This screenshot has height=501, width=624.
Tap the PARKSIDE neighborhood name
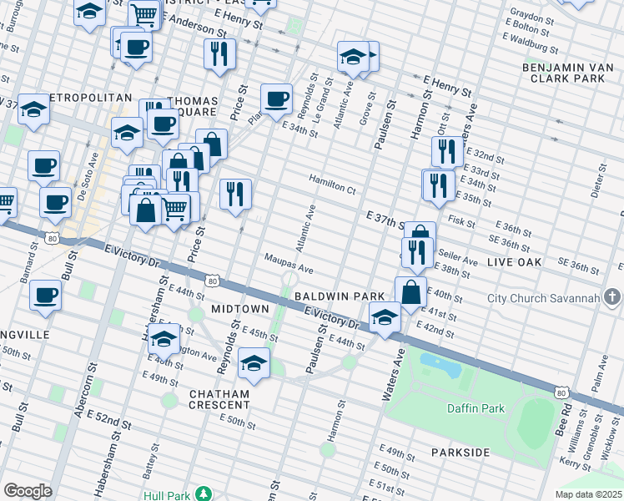tap(460, 452)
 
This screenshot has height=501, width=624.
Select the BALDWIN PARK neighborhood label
tap(339, 296)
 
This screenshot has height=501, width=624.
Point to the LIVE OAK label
tap(515, 262)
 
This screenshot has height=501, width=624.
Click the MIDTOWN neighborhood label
tap(239, 309)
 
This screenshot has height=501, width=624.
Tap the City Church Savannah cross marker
tap(613, 297)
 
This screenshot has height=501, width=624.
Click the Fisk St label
tap(460, 220)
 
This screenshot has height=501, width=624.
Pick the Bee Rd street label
tap(566, 415)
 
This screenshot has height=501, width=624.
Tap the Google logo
tap(28, 491)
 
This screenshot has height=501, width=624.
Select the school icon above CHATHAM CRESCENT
tap(254, 364)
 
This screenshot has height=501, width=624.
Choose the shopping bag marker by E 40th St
tap(410, 292)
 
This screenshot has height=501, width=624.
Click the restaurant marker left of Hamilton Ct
tap(235, 194)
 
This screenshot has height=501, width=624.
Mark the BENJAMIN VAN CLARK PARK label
tap(563, 72)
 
